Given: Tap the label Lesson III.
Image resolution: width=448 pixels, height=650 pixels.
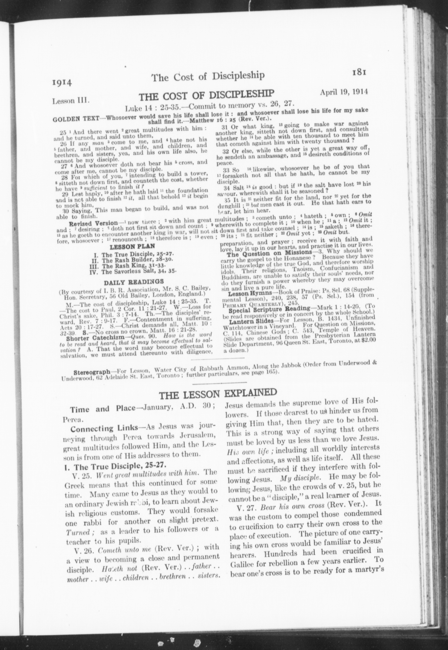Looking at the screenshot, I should pos(71,101).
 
